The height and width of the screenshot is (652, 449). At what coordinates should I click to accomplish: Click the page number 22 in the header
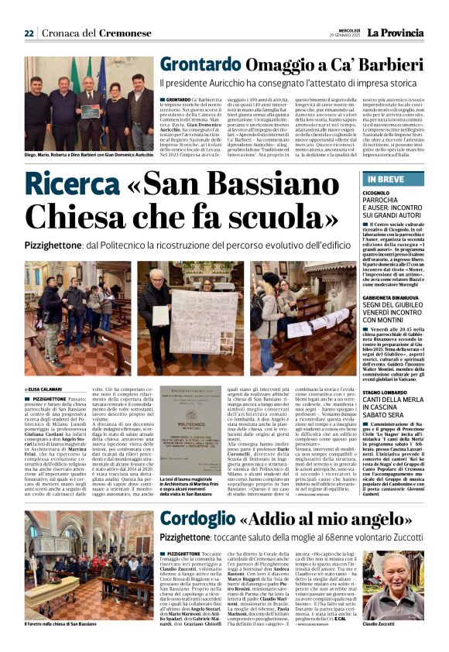[x=29, y=33]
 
